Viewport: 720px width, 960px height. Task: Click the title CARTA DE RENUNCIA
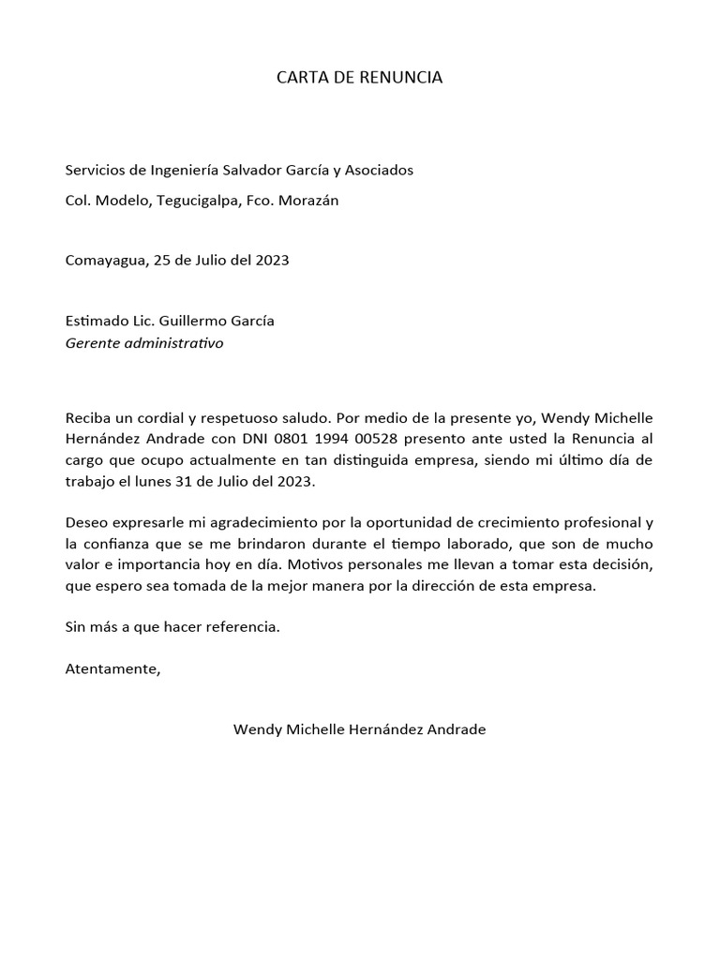click(359, 78)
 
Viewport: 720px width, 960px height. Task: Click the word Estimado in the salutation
click(96, 321)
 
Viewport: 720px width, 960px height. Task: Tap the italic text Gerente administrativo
click(144, 343)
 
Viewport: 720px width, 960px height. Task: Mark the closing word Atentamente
click(112, 668)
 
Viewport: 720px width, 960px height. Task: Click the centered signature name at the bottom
click(359, 729)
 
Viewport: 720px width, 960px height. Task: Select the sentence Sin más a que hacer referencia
click(172, 627)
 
